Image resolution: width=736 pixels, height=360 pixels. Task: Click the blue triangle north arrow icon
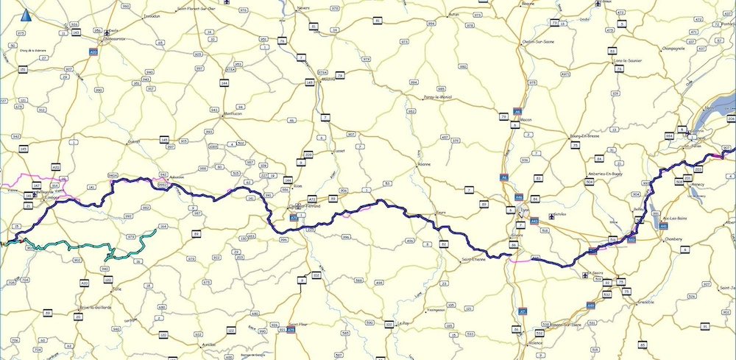[26, 15]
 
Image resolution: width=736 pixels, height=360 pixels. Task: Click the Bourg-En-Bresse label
[584, 135]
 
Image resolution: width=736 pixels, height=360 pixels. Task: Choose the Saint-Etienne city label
[477, 258]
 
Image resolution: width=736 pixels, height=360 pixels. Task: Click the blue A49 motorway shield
[591, 305]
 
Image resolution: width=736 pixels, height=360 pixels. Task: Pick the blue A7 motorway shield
[523, 311]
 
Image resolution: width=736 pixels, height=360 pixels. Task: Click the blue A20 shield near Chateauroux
[93, 52]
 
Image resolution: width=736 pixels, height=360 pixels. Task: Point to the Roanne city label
[423, 164]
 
